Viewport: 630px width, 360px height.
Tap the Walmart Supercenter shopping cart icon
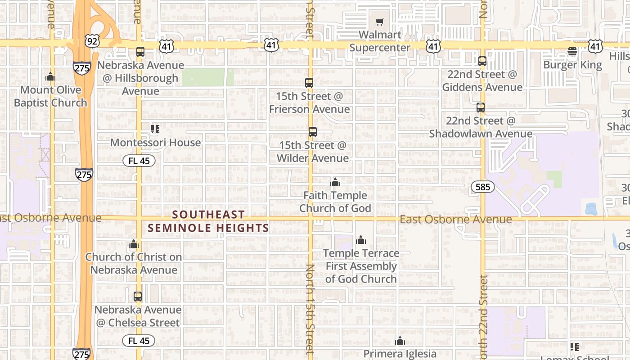click(379, 22)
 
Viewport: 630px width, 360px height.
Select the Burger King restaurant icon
click(572, 52)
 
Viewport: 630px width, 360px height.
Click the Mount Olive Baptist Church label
click(50, 96)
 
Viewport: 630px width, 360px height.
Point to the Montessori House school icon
click(155, 130)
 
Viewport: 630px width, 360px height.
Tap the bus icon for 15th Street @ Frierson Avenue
click(309, 83)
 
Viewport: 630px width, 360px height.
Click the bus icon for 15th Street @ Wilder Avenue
click(312, 132)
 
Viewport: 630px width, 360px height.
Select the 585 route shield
click(482, 187)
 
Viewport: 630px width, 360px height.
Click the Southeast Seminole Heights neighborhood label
click(208, 221)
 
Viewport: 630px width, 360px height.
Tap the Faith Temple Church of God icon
click(335, 182)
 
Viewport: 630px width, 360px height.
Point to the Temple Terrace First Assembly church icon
click(360, 240)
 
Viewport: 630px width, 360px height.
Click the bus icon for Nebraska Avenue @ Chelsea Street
click(138, 297)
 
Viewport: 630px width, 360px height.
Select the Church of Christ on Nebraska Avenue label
click(134, 263)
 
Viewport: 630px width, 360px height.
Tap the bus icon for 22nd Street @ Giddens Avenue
click(482, 61)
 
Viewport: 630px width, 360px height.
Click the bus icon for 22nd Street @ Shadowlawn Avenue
click(481, 108)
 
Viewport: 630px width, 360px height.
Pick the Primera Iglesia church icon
click(400, 341)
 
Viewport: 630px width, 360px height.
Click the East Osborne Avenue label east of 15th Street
click(455, 219)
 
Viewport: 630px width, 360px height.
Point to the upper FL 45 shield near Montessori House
click(139, 161)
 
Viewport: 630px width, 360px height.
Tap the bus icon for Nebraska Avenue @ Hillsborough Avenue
click(140, 52)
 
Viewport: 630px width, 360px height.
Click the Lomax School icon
click(574, 346)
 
